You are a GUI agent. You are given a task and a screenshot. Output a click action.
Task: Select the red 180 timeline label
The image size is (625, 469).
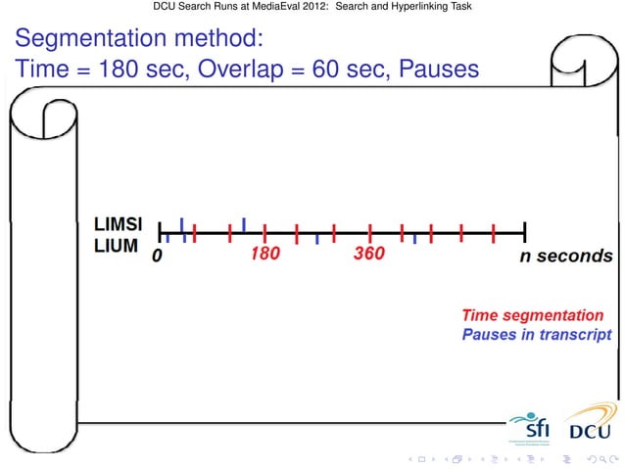[264, 255]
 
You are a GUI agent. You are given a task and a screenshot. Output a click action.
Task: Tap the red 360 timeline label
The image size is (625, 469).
[369, 255]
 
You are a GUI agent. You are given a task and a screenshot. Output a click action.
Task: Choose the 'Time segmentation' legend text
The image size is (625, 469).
[533, 315]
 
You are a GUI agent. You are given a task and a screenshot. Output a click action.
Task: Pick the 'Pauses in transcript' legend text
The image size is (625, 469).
[537, 334]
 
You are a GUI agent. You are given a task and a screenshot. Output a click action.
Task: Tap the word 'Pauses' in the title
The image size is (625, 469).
[439, 70]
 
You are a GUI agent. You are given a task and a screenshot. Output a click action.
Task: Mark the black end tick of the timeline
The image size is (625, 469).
[525, 232]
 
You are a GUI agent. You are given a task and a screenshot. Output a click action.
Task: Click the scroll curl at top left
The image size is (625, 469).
[31, 122]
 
